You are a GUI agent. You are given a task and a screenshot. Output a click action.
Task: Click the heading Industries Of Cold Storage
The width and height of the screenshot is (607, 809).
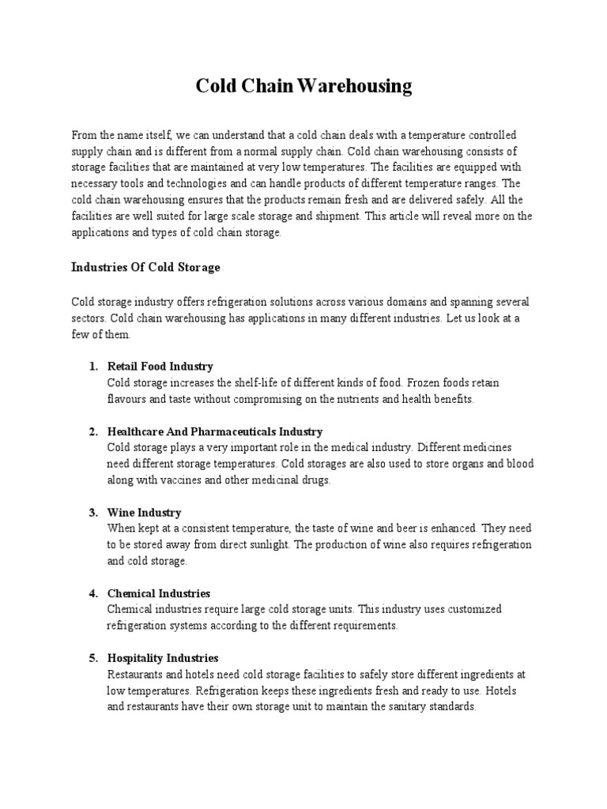145,268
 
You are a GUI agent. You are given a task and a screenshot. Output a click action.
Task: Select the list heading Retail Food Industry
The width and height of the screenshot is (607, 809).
160,367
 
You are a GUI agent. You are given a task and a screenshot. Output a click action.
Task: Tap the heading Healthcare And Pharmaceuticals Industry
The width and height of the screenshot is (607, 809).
215,432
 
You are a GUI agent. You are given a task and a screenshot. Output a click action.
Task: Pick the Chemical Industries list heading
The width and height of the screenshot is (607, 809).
159,593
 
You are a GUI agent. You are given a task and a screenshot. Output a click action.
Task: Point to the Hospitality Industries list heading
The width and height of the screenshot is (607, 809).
163,658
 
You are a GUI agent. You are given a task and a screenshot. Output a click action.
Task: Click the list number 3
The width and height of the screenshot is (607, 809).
92,513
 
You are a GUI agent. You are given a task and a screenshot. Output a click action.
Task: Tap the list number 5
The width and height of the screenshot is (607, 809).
92,658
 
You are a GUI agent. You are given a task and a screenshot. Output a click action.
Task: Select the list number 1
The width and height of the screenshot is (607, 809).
92,367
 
